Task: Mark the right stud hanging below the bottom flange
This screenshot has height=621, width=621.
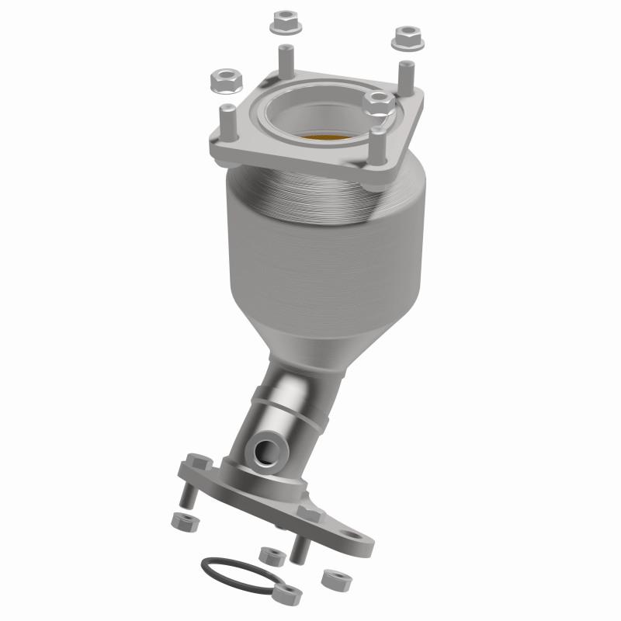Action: tap(297, 548)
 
